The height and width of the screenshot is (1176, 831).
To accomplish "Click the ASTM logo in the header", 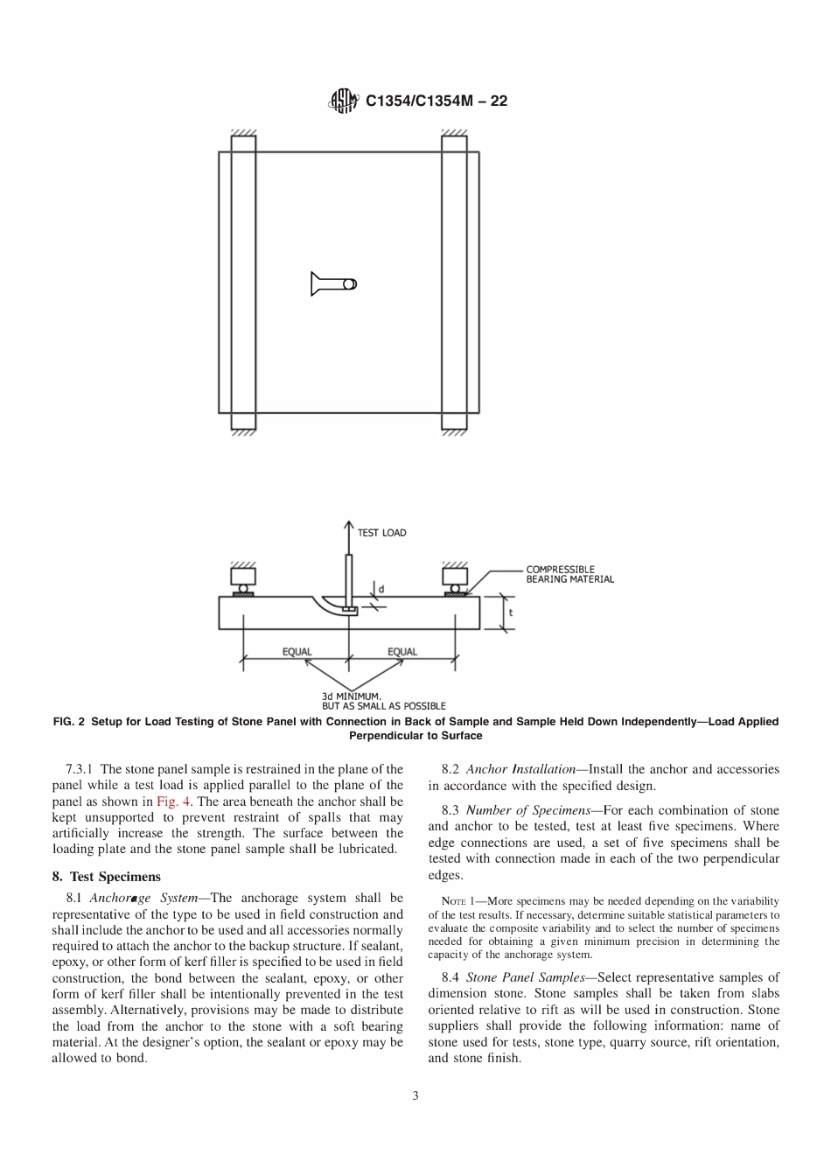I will coord(342,101).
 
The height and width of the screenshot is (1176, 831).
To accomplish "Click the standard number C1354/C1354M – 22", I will coord(436,101).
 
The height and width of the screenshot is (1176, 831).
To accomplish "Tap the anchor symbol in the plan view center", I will coord(333,283).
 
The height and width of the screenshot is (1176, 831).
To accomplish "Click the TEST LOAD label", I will coord(381,532).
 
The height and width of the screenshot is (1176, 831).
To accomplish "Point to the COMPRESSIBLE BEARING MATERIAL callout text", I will coord(569,574).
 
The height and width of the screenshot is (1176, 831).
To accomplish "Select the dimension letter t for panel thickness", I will coord(510,612).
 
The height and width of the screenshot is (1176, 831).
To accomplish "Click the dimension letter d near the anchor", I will coord(381,589).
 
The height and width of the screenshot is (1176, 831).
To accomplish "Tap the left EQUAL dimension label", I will coord(297,652).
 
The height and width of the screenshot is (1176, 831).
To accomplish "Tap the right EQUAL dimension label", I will coord(402,652).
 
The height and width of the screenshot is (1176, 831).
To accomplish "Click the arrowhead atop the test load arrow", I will coord(349,525).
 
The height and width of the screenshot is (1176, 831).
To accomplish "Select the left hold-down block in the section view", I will coord(242,577).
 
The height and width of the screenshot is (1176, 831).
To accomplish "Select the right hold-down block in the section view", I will coord(455,577).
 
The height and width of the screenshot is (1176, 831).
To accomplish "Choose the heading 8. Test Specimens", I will coord(106,876).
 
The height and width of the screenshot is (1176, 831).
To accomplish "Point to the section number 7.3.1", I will coord(81,769).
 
